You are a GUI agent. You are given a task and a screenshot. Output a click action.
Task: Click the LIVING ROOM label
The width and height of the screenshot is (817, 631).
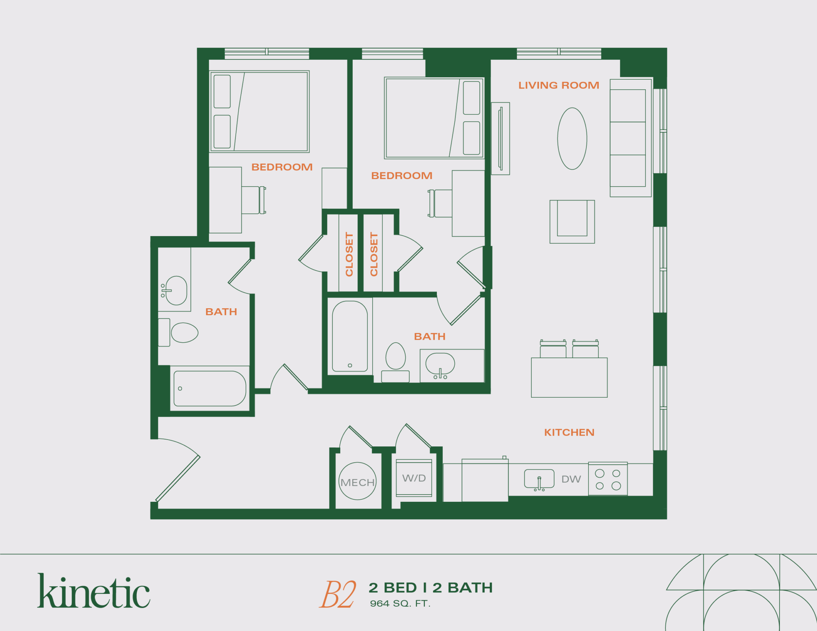(x=558, y=85)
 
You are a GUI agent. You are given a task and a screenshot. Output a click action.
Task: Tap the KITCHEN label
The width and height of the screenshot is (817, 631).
(x=569, y=432)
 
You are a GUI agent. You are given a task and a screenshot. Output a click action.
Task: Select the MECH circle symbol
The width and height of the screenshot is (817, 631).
(x=357, y=481)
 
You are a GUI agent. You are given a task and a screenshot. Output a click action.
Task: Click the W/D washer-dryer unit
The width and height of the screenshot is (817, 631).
(x=414, y=478)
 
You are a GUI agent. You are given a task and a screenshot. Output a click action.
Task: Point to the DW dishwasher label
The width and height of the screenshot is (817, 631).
(x=571, y=479)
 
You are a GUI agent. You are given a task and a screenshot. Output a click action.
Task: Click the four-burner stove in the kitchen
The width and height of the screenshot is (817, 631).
(x=608, y=479)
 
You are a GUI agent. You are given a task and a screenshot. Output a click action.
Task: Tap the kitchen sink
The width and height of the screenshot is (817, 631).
(x=539, y=479)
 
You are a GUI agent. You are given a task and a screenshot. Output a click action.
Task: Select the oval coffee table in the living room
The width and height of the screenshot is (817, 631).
(x=572, y=138)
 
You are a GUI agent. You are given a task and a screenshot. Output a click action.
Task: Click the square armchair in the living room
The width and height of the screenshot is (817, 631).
(x=572, y=221)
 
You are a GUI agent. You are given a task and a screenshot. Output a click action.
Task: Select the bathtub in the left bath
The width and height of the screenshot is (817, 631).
(x=210, y=388)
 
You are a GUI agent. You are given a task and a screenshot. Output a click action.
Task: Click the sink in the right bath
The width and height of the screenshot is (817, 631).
(x=440, y=364)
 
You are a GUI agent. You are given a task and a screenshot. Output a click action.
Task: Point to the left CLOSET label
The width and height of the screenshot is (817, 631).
(x=349, y=254)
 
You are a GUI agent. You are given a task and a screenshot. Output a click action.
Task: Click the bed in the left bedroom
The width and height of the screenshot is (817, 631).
(x=259, y=112)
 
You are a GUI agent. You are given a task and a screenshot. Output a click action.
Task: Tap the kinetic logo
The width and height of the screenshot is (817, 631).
(x=94, y=592)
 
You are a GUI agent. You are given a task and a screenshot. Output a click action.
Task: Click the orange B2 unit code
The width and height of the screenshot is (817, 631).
(x=337, y=594)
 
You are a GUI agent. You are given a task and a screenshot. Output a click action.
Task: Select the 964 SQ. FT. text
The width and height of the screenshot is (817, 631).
(x=400, y=603)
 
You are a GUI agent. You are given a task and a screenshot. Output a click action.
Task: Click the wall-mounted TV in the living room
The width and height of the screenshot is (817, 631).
(x=500, y=138)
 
